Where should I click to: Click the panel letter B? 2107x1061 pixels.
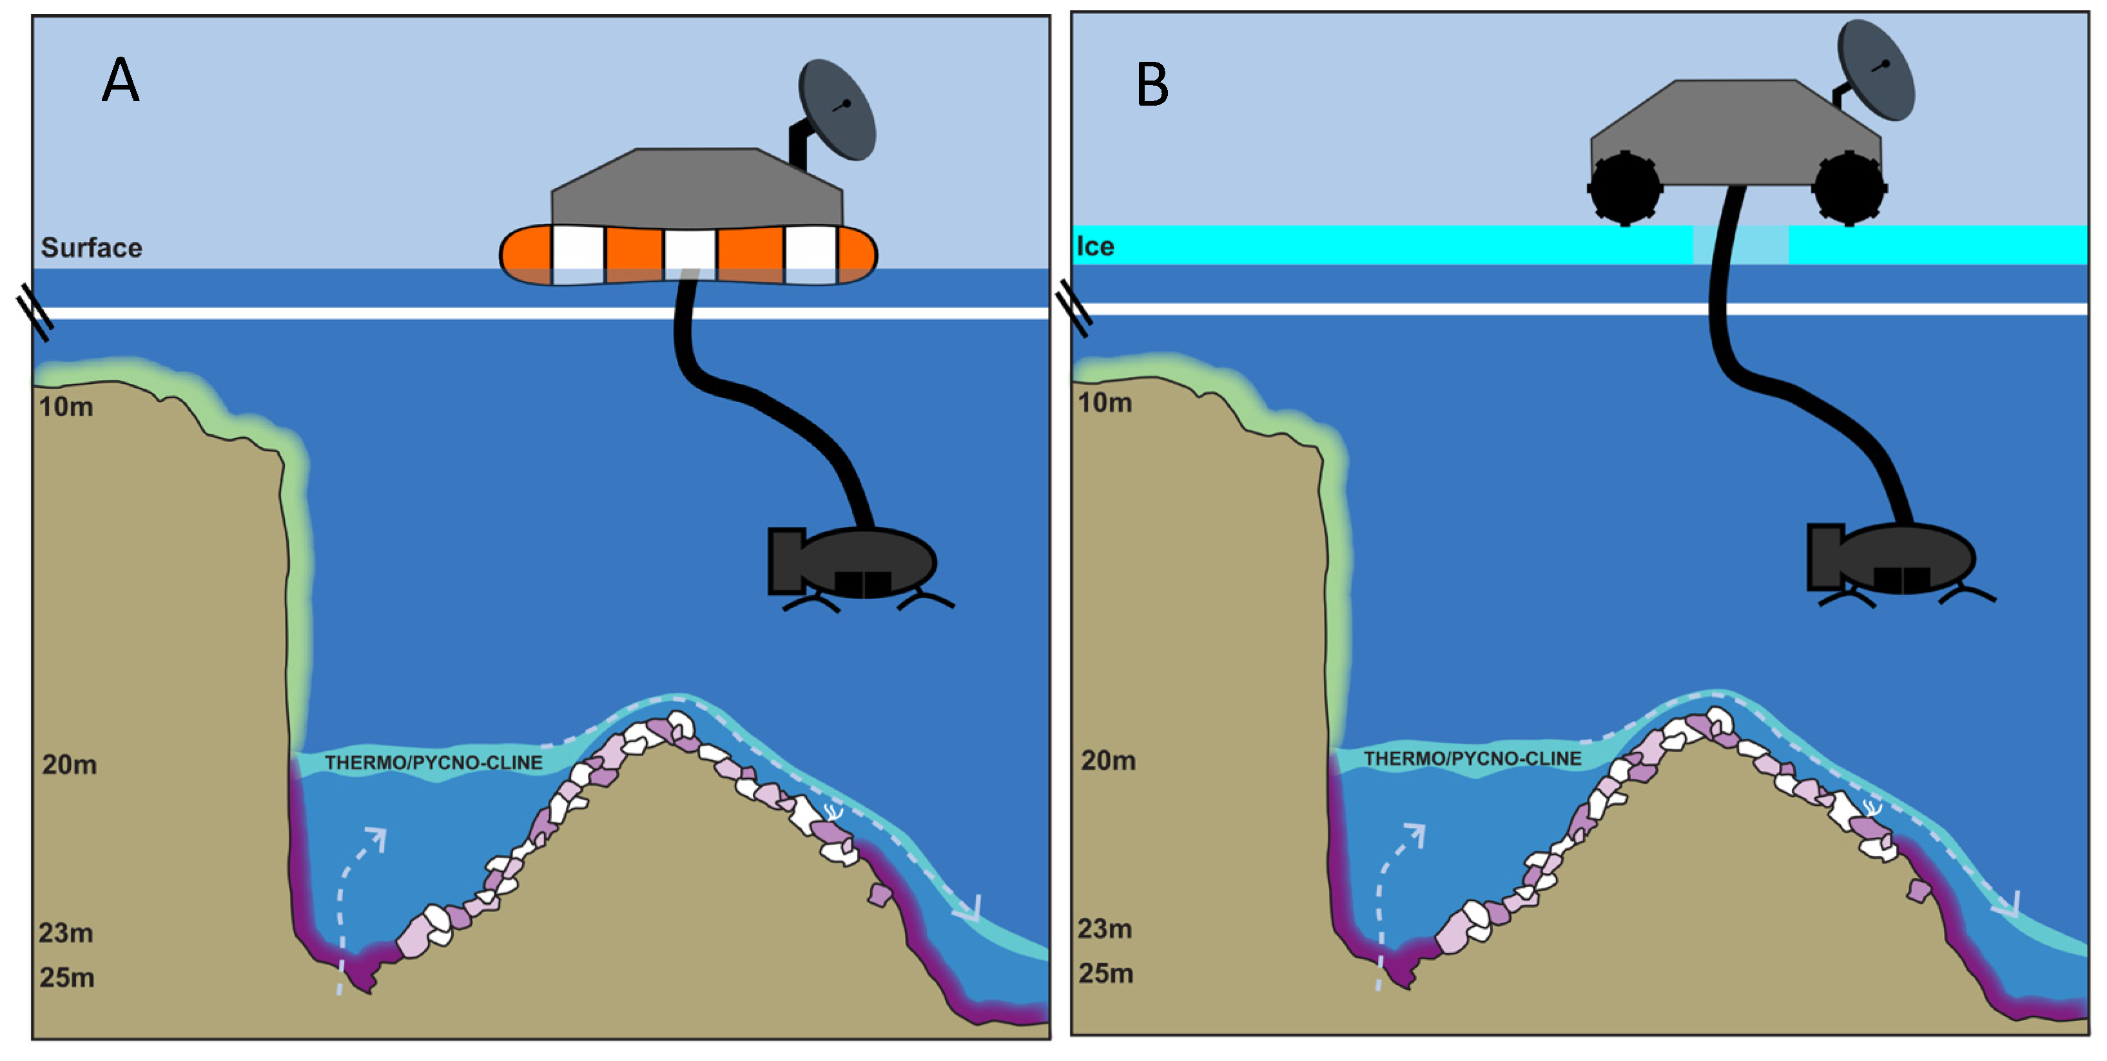(x=1152, y=84)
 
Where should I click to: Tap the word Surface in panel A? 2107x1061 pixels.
(x=92, y=247)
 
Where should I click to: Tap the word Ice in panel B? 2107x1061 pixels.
(x=1095, y=246)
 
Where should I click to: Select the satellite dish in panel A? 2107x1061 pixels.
(x=837, y=110)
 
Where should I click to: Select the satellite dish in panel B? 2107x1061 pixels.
(x=1876, y=70)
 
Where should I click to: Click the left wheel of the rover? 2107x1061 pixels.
(x=1624, y=188)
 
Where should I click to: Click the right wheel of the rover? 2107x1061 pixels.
(x=1849, y=188)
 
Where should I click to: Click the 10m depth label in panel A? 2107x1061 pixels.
(x=66, y=407)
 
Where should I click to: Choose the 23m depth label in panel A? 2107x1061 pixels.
(x=66, y=933)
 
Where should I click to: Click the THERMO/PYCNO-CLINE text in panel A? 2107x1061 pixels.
(x=434, y=763)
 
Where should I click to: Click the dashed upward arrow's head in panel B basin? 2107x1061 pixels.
(x=1414, y=834)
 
